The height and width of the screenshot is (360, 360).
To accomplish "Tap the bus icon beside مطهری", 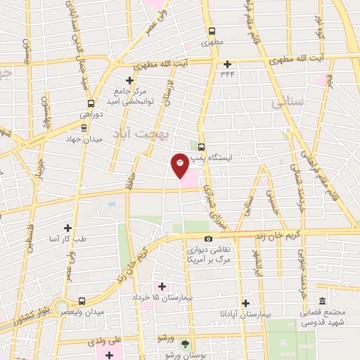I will [x=212, y=31].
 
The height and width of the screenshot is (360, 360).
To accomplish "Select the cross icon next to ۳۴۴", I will [x=227, y=64].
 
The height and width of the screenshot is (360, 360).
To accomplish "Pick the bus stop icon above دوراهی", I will [x=84, y=103].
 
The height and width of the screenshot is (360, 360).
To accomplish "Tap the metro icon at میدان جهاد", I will [x=84, y=128].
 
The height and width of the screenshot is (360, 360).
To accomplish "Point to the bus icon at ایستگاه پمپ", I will [x=202, y=147].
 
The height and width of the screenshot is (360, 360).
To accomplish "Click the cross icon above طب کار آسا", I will [x=68, y=228].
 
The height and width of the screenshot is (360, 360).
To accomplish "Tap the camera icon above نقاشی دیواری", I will [x=208, y=239].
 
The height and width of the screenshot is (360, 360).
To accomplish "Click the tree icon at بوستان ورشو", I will [x=185, y=343].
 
